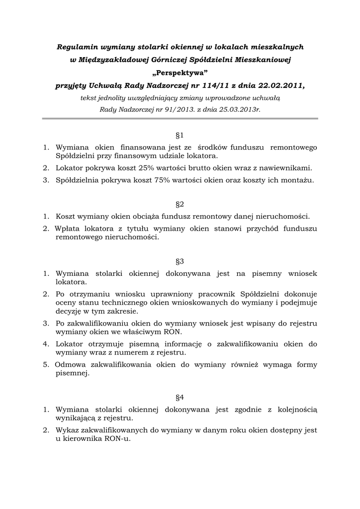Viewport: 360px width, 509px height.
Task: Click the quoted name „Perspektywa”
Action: click(x=180, y=73)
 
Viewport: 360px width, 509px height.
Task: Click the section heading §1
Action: click(x=180, y=135)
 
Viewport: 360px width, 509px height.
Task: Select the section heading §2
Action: click(x=180, y=204)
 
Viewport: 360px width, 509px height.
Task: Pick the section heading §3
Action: click(x=180, y=261)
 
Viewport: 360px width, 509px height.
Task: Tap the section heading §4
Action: click(x=180, y=397)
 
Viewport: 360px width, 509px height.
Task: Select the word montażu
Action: click(x=298, y=180)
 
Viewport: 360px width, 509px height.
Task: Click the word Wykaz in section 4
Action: click(x=66, y=430)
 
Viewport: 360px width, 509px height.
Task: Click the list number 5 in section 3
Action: click(x=45, y=365)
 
